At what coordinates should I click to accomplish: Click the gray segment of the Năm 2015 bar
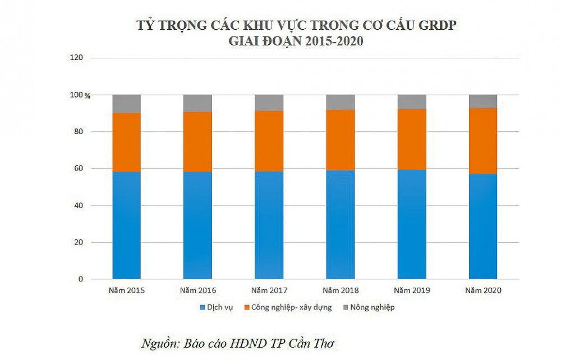pyautogui.click(x=126, y=104)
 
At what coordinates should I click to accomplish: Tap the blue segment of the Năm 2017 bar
pyautogui.click(x=269, y=225)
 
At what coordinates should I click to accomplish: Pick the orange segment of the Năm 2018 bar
pyautogui.click(x=340, y=140)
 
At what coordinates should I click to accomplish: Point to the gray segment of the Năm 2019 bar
pyautogui.click(x=411, y=101)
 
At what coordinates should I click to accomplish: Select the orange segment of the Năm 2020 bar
pyautogui.click(x=482, y=141)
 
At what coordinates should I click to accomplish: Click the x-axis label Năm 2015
pyautogui.click(x=126, y=290)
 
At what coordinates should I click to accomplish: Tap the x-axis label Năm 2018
pyautogui.click(x=340, y=290)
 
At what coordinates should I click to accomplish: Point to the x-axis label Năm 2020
pyautogui.click(x=482, y=290)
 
